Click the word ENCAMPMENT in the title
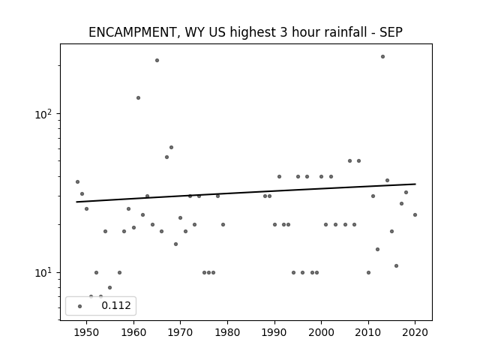[x=132, y=32]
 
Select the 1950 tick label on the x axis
[x=87, y=332]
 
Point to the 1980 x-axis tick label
[x=227, y=332]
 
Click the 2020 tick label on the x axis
[x=415, y=332]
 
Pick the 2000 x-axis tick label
[x=321, y=332]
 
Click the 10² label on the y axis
[x=43, y=114]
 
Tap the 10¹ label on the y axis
[x=43, y=272]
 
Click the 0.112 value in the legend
[x=116, y=305]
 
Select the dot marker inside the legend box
[x=80, y=306]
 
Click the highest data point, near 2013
[x=382, y=57]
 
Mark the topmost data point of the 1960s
[x=157, y=60]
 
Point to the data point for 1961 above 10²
[x=138, y=98]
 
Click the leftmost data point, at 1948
[x=77, y=181]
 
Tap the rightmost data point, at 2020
[x=415, y=215]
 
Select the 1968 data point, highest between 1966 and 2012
[x=172, y=147]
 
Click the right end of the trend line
[x=415, y=184]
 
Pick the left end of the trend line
[x=76, y=202]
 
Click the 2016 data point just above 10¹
[x=397, y=265]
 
